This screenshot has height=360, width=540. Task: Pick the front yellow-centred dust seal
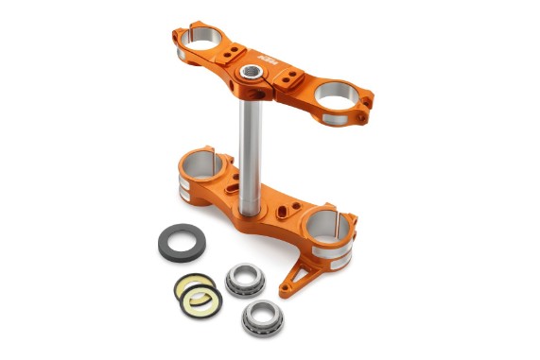point(200,300)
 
